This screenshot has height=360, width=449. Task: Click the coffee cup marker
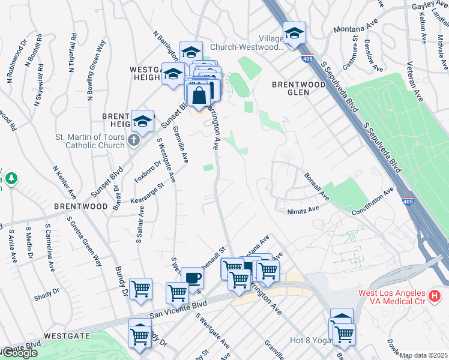(192, 278)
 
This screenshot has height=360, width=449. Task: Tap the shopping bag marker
(199, 94)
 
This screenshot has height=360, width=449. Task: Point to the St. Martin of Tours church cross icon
(133, 140)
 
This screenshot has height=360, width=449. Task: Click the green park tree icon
(10, 178)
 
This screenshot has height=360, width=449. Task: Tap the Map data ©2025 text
(424, 355)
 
